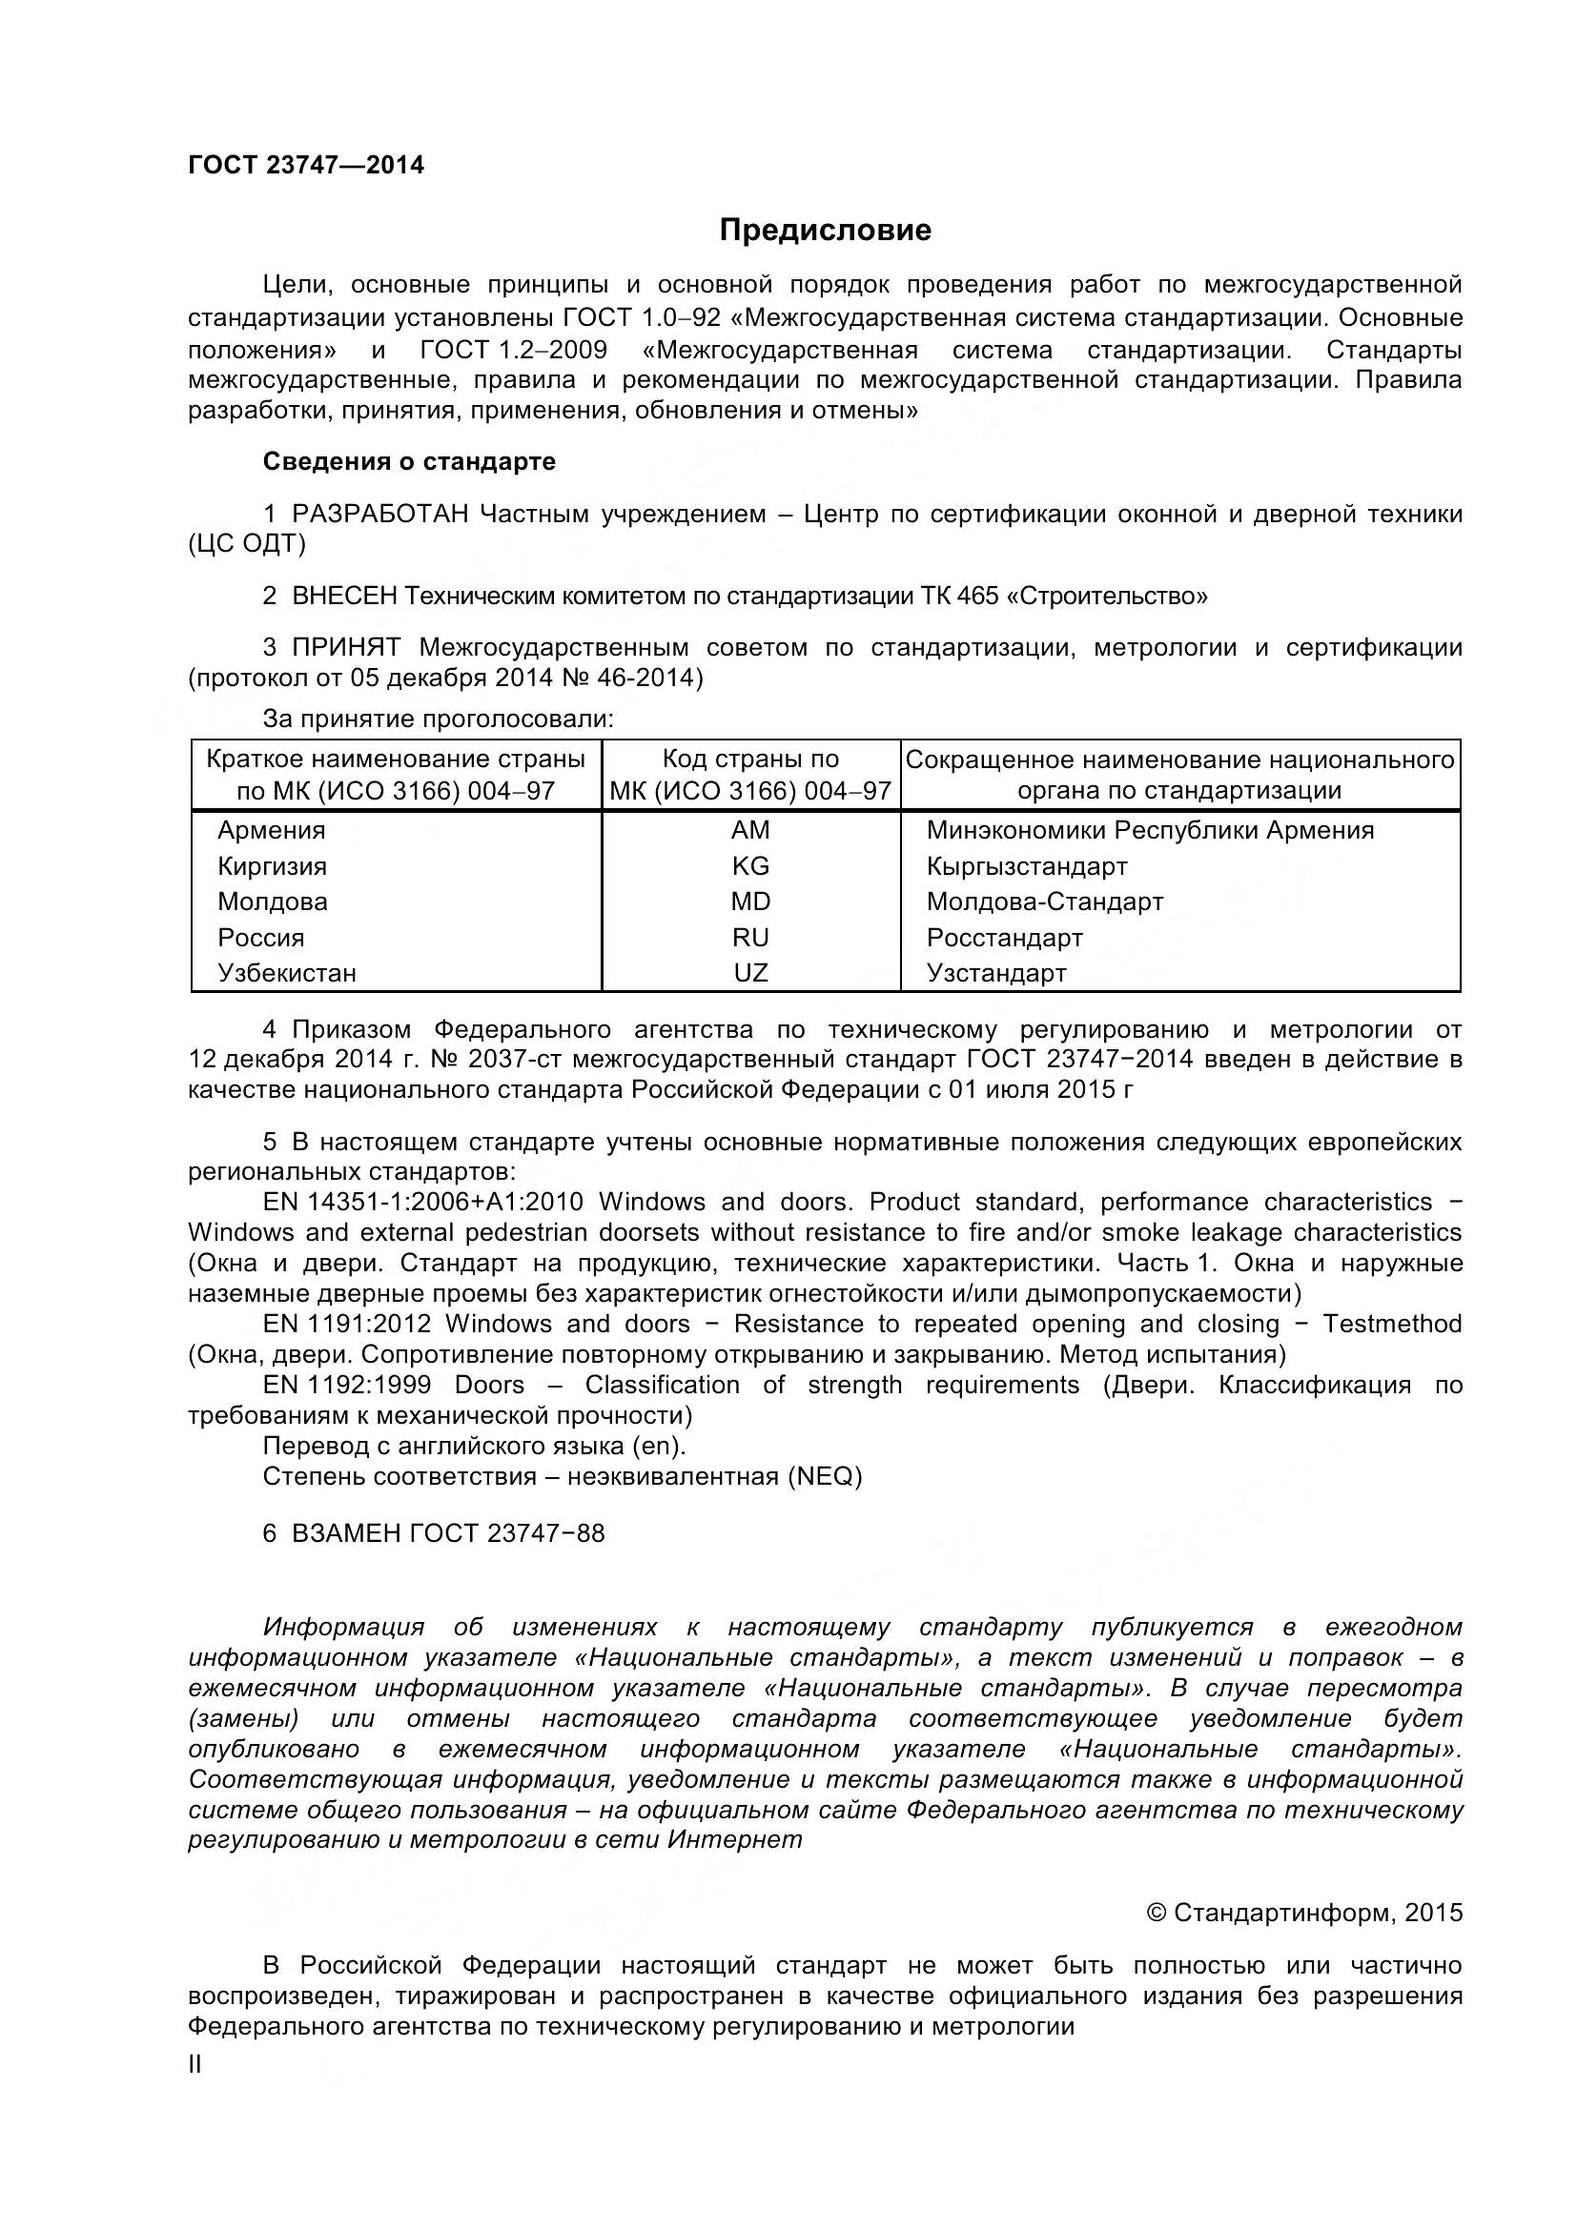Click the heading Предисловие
825,230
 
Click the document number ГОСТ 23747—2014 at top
306,165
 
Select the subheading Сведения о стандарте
409,461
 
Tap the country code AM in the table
749,830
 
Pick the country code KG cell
749,866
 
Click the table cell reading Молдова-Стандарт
1044,902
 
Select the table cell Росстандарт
1004,938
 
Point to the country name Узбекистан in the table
286,973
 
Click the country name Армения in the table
271,830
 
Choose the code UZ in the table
749,973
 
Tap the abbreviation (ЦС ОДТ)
247,543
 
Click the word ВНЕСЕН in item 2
344,595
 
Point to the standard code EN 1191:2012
347,1325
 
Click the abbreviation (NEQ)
825,1476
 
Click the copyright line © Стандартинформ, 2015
1304,1913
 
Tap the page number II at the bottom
195,2065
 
